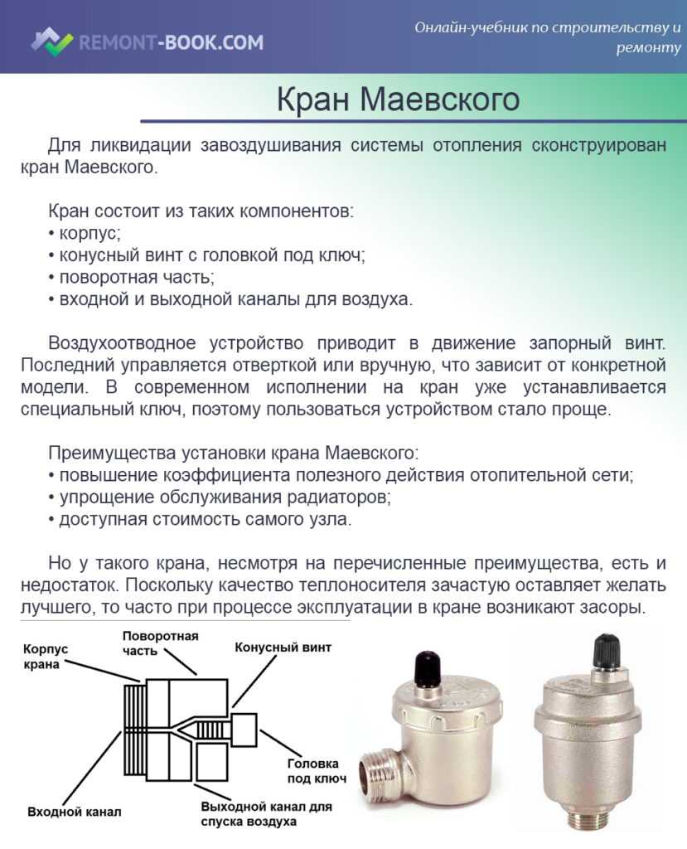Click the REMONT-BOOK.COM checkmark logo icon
tap(52, 41)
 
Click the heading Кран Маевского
tap(398, 99)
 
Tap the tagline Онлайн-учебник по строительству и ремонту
tap(548, 36)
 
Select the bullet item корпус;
tap(85, 233)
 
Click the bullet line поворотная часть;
tap(132, 277)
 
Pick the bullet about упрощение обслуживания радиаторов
tap(220, 497)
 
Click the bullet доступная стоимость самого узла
tap(200, 519)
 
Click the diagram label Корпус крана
tap(46, 657)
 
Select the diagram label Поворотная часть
tap(160, 643)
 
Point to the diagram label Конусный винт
tap(283, 647)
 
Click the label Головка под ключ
tap(317, 771)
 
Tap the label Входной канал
tap(74, 812)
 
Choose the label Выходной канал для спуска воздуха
tap(266, 814)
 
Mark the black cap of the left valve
tap(428, 667)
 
